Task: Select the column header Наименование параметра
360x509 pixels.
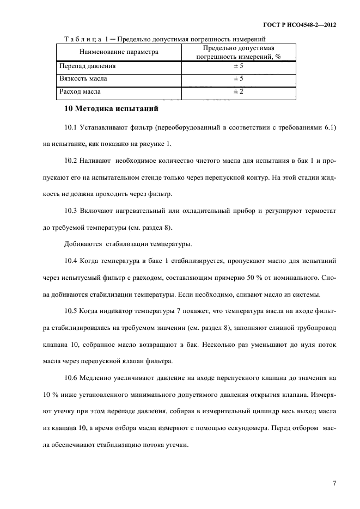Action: click(x=119, y=52)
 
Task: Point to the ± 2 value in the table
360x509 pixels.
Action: click(x=238, y=92)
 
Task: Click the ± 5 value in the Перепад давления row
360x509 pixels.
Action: click(x=238, y=66)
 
